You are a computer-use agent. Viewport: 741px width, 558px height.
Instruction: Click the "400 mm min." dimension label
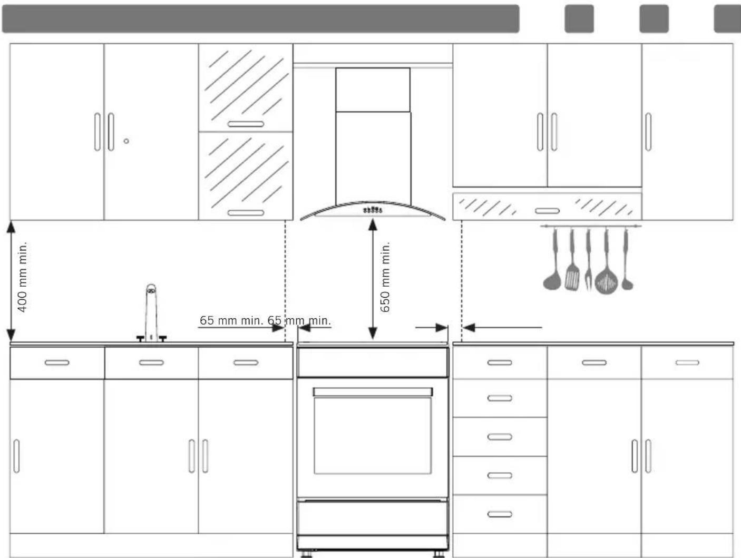(x=22, y=277)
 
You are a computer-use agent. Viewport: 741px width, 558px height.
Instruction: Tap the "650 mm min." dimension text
(x=385, y=277)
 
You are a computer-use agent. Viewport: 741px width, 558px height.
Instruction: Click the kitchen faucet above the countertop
(x=151, y=313)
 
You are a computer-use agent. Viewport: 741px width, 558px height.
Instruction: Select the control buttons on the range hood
(x=373, y=210)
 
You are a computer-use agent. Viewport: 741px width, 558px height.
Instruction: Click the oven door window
(x=373, y=436)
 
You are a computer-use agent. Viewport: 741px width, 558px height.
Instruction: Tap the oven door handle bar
(x=373, y=391)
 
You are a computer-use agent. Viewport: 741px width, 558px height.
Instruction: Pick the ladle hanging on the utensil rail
(x=552, y=259)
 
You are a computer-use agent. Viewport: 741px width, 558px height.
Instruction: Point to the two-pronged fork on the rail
(x=589, y=259)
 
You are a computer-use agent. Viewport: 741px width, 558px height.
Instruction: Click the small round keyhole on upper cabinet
(x=126, y=141)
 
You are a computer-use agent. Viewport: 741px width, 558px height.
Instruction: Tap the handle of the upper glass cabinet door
(x=246, y=124)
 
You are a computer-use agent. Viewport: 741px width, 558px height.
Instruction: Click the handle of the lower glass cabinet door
(x=246, y=212)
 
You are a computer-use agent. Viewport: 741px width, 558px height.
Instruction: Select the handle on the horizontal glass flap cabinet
(x=547, y=211)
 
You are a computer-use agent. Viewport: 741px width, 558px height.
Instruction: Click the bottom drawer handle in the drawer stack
(x=500, y=514)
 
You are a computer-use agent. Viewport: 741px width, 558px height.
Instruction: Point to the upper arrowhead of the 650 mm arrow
(x=373, y=224)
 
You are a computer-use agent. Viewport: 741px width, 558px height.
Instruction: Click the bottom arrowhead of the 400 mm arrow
(x=11, y=335)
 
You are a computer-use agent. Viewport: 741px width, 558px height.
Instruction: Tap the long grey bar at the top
(x=261, y=18)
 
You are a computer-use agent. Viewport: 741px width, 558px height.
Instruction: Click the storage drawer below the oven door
(x=373, y=517)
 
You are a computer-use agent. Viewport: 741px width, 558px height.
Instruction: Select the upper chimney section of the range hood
(x=373, y=90)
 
